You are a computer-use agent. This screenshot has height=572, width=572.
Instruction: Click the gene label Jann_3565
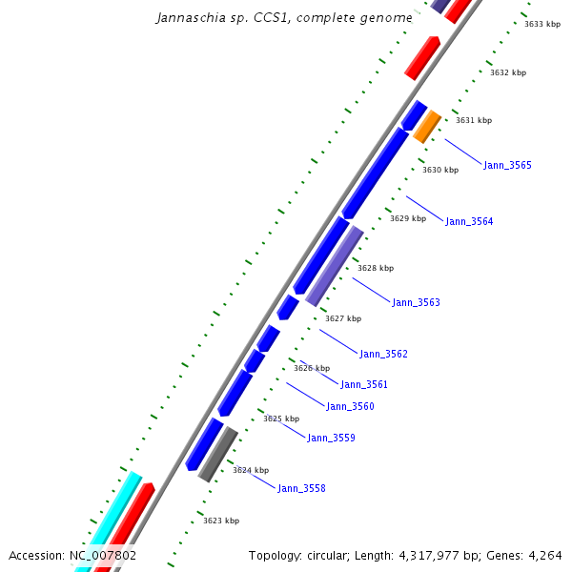pyautogui.click(x=507, y=166)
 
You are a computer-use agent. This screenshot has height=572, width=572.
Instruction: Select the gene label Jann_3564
pyautogui.click(x=469, y=221)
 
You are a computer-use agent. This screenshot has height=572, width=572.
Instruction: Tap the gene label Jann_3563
pyautogui.click(x=416, y=302)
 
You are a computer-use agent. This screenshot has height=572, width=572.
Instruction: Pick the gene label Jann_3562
pyautogui.click(x=383, y=354)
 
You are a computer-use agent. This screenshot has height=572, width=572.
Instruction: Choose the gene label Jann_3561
pyautogui.click(x=364, y=384)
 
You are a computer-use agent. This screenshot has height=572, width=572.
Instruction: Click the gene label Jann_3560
pyautogui.click(x=350, y=406)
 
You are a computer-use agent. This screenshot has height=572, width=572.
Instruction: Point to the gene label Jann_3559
pyautogui.click(x=331, y=438)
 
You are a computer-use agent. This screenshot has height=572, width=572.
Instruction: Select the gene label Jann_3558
pyautogui.click(x=301, y=488)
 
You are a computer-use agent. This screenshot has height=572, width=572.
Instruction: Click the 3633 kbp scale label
pyautogui.click(x=542, y=24)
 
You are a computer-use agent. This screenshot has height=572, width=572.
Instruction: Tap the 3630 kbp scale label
pyautogui.click(x=440, y=170)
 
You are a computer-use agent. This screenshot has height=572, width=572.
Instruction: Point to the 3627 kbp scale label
pyautogui.click(x=343, y=318)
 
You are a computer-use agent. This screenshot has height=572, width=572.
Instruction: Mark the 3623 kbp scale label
pyautogui.click(x=221, y=521)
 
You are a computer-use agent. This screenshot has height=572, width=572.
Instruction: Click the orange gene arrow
pyautogui.click(x=427, y=126)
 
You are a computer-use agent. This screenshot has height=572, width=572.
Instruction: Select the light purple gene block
pyautogui.click(x=335, y=266)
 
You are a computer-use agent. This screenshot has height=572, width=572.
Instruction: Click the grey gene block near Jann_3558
pyautogui.click(x=218, y=454)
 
